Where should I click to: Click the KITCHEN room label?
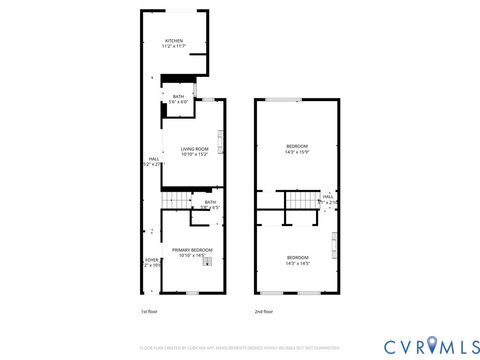[174, 41]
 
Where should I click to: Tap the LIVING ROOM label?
[194, 149]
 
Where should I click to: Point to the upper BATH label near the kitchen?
[178, 96]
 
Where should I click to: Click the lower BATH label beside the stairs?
[210, 202]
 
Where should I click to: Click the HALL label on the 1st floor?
[154, 160]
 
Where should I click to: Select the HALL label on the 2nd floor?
[328, 196]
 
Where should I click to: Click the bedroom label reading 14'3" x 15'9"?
[297, 147]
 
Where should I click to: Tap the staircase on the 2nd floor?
[299, 202]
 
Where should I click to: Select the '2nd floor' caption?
[262, 311]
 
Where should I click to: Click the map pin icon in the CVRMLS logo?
[428, 346]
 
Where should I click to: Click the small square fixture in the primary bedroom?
[207, 259]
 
